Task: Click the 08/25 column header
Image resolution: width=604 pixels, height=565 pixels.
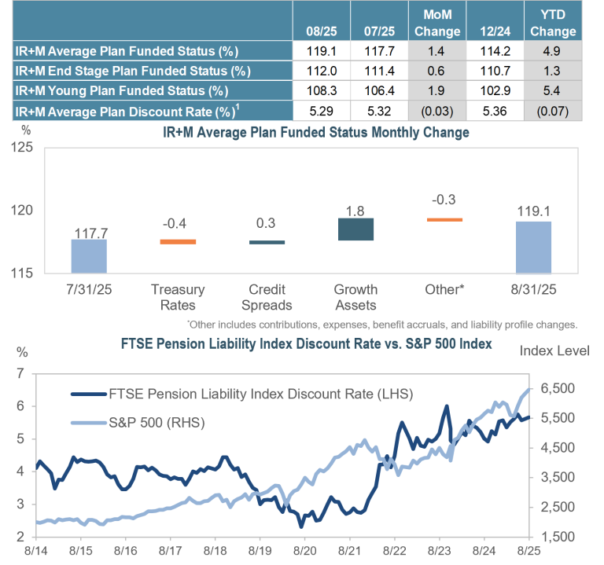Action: pos(322,32)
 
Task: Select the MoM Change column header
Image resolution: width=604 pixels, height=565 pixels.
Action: pos(438,24)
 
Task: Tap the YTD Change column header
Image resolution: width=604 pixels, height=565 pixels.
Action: pos(553,24)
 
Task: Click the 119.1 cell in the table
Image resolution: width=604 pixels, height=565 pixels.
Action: pos(322,51)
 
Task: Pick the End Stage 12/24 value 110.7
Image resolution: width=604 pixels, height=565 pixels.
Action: pos(495,71)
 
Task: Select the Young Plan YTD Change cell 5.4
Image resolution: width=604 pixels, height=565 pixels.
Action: pos(553,90)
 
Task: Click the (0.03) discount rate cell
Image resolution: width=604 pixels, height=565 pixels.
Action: pos(438,111)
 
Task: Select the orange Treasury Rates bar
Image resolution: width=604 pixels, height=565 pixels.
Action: pos(177,241)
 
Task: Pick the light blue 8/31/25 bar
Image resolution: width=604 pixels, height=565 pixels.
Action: pos(533,247)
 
